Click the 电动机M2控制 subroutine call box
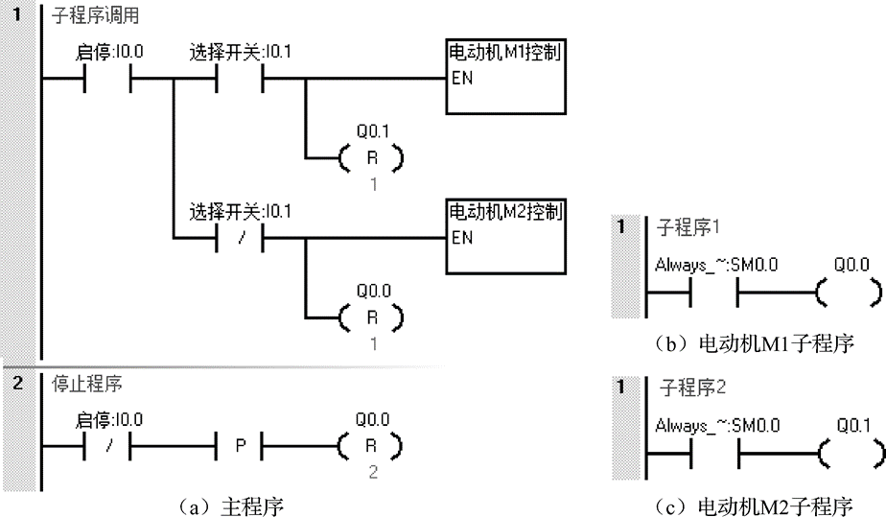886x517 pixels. [x=504, y=236]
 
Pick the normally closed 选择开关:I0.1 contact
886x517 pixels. [x=239, y=237]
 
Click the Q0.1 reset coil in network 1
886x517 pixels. [x=369, y=157]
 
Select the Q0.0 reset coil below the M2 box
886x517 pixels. [x=369, y=316]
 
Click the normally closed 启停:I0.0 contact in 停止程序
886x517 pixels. [x=108, y=446]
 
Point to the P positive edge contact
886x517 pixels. [x=239, y=446]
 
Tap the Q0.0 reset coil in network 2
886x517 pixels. [x=369, y=446]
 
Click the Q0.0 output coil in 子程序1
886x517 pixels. [x=849, y=291]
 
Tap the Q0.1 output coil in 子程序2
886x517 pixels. [x=849, y=451]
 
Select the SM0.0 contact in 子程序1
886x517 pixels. [x=714, y=291]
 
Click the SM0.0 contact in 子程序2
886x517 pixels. [x=714, y=451]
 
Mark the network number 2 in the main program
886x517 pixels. [x=16, y=383]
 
